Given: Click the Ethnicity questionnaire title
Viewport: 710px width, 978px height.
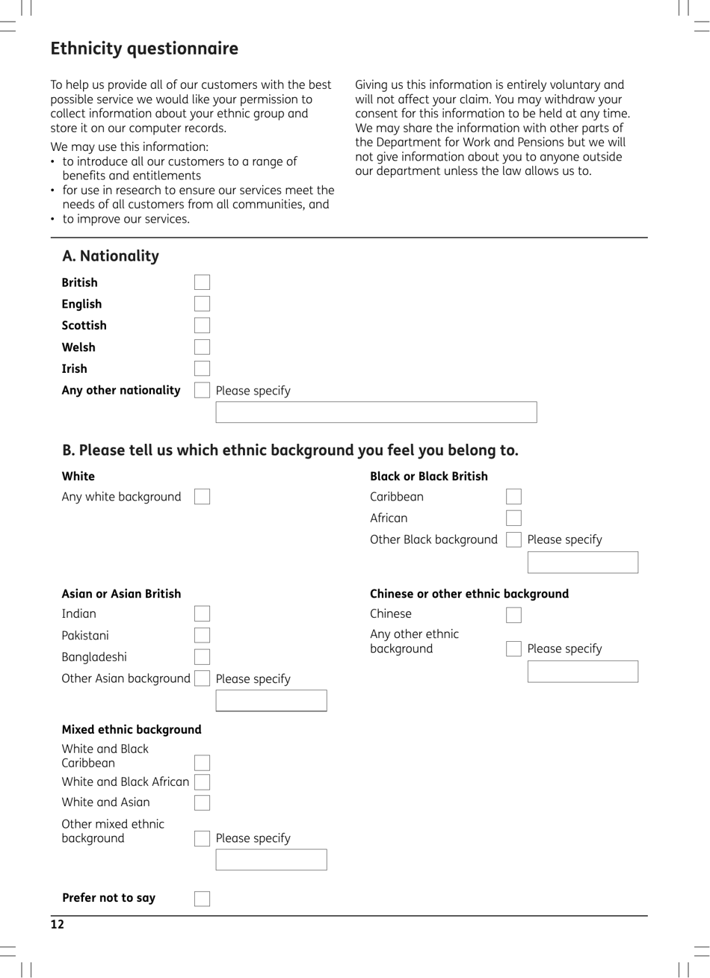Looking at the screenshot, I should pos(144,49).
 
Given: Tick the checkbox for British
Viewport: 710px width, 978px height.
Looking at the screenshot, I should pos(202,282).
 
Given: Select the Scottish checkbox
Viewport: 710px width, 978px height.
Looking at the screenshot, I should pos(202,326).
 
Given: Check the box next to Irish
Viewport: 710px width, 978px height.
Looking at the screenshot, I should pos(202,368).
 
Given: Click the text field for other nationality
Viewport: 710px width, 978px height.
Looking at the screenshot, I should pos(376,412).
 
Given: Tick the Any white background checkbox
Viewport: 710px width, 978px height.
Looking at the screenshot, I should pos(202,497).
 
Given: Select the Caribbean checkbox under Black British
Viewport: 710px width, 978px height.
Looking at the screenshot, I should pos(513,497).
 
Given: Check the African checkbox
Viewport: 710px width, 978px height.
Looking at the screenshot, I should pos(513,519).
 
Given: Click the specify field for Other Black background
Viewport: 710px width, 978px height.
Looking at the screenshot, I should pos(582,563).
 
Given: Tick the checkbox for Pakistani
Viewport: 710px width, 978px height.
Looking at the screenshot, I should pos(202,636).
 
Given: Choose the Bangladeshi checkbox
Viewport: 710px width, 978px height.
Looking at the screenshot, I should pos(202,657).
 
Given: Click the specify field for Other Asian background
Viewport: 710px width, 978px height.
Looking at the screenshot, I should pos(271,701).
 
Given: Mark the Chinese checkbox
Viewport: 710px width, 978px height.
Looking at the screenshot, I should pos(513,615).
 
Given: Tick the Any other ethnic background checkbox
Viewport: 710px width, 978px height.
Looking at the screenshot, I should pos(513,649).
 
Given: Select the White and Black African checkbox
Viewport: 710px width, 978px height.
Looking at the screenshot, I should pos(202,782).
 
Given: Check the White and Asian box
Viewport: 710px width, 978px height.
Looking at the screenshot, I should pos(202,803).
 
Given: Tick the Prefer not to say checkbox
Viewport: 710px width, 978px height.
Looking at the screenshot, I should pos(202,899).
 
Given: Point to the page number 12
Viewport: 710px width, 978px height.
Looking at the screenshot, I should pos(58,925).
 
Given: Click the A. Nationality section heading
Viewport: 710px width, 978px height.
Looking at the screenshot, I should pos(111,256).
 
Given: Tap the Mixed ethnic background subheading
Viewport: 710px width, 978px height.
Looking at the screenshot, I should pos(132,730).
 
